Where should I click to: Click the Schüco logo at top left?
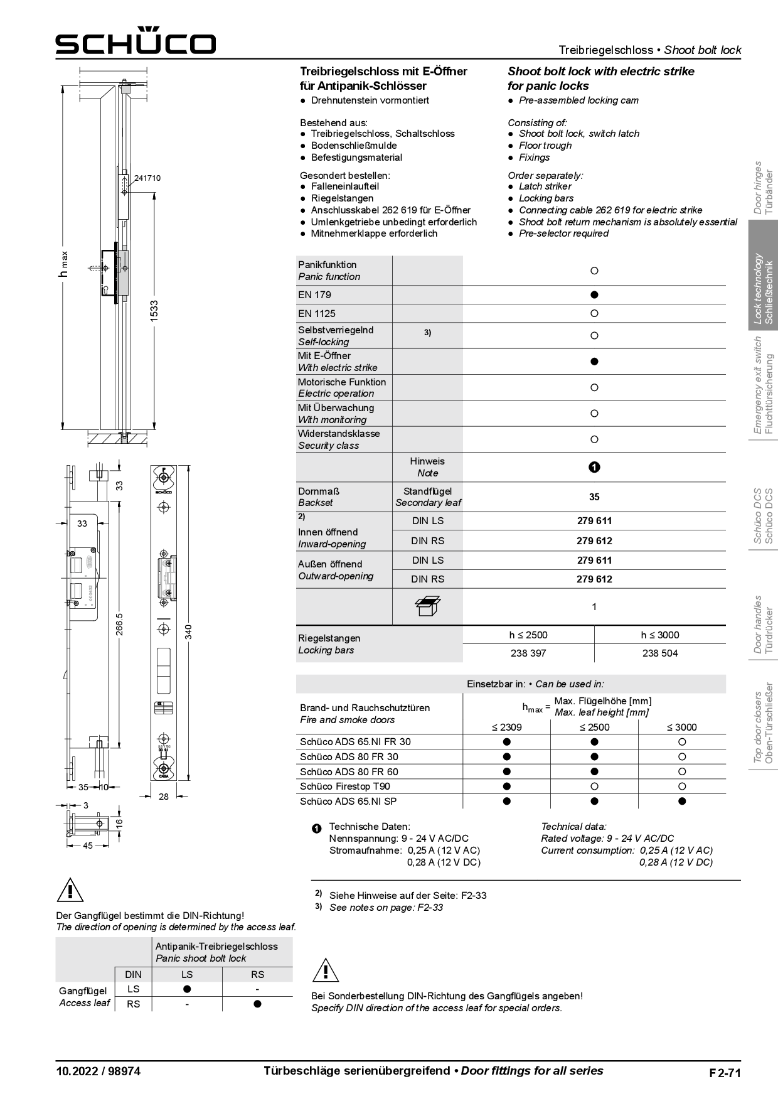click(136, 42)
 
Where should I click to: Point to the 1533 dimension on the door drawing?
click(154, 311)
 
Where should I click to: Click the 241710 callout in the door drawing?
click(147, 178)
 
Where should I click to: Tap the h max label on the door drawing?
click(63, 264)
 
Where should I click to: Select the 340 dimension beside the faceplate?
click(188, 631)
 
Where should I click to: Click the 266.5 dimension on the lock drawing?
click(119, 624)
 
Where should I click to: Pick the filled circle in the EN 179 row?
click(594, 294)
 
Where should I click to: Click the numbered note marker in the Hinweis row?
click(594, 467)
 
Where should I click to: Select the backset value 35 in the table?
click(594, 497)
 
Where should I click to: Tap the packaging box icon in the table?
click(427, 606)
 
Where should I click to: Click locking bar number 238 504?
click(660, 653)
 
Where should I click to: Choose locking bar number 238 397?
click(528, 653)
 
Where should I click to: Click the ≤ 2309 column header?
click(506, 727)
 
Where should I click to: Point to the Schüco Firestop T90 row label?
click(344, 786)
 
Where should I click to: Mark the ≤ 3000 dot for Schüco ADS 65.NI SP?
click(682, 801)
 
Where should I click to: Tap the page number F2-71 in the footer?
click(725, 1073)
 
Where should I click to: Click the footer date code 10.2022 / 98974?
click(99, 1071)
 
